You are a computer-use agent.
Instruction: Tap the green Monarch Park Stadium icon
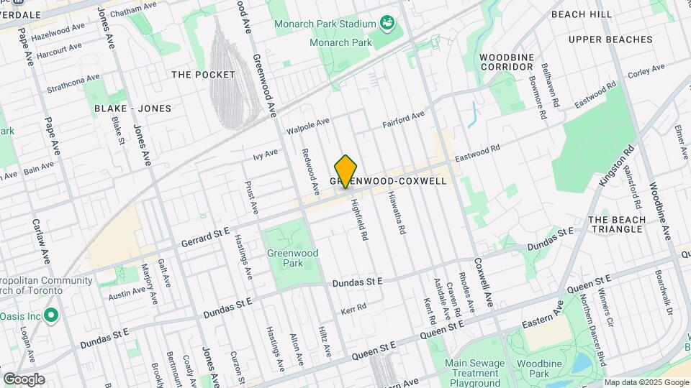coord(387,24)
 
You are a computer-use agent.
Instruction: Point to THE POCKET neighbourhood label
coord(204,75)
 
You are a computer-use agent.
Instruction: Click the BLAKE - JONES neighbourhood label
coord(133,108)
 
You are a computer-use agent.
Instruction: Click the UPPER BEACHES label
coord(610,40)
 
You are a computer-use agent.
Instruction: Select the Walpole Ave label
coord(307,126)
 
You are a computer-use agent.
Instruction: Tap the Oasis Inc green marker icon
coord(51,315)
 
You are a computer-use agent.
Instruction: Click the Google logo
coord(24,379)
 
